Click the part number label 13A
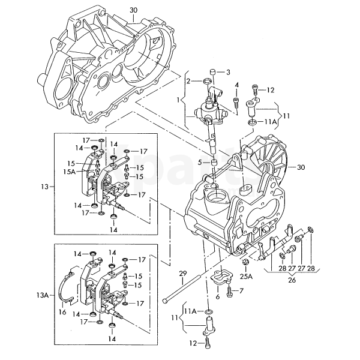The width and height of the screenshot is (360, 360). point(43,295)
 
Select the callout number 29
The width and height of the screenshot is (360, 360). point(183,274)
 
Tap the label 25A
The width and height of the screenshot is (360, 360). point(246,277)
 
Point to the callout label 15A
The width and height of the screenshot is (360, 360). point(70,172)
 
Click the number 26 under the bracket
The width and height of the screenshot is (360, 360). point(292,280)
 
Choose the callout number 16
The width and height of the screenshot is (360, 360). point(62,312)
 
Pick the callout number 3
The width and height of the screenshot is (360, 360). point(228,72)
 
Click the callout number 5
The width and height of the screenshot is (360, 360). point(200,163)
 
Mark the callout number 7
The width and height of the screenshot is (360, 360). point(241,291)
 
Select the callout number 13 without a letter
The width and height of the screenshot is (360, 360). point(45,187)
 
